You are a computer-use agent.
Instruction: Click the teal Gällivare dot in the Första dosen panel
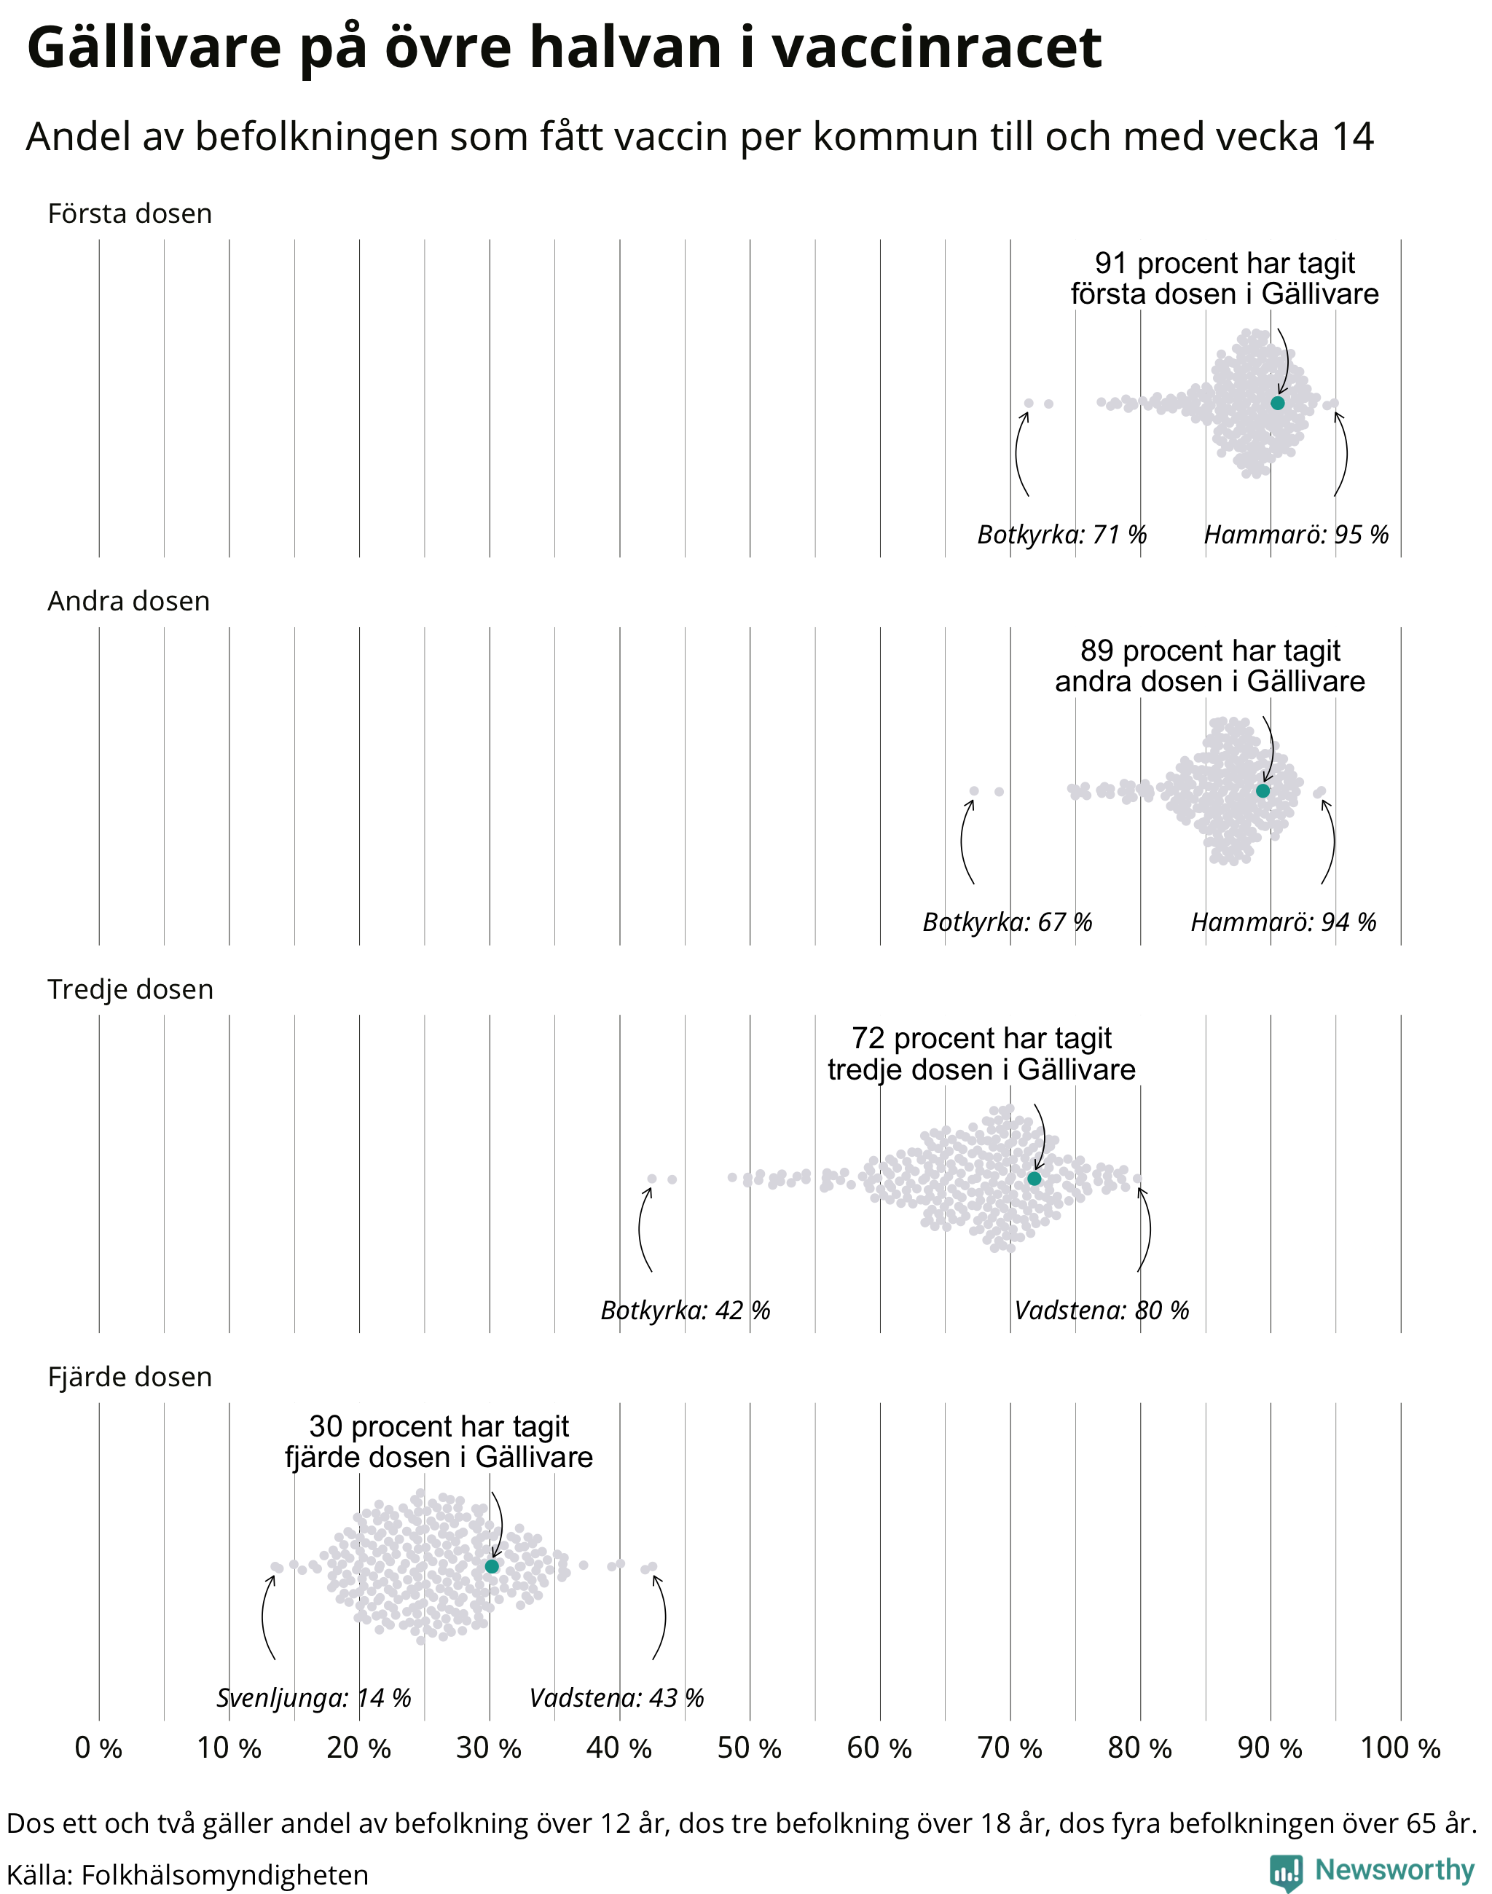[1277, 403]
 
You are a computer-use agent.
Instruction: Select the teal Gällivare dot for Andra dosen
[1263, 790]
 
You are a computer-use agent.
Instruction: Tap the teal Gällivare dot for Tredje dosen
[1034, 1179]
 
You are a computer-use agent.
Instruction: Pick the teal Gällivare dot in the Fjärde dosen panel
[492, 1566]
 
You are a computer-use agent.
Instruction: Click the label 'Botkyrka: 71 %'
[1061, 534]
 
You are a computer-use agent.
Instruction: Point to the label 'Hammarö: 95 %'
[1296, 534]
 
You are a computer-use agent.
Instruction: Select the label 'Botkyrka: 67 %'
[1008, 922]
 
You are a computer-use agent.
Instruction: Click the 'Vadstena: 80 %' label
[1102, 1310]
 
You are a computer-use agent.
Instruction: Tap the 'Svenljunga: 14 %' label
[313, 1698]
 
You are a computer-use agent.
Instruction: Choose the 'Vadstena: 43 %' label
[617, 1697]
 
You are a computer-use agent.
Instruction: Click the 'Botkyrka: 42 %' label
[686, 1310]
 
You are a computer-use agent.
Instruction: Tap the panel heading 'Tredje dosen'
[130, 989]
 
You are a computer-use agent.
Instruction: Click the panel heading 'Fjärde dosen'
[130, 1377]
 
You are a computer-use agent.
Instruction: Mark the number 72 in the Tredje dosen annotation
[868, 1038]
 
